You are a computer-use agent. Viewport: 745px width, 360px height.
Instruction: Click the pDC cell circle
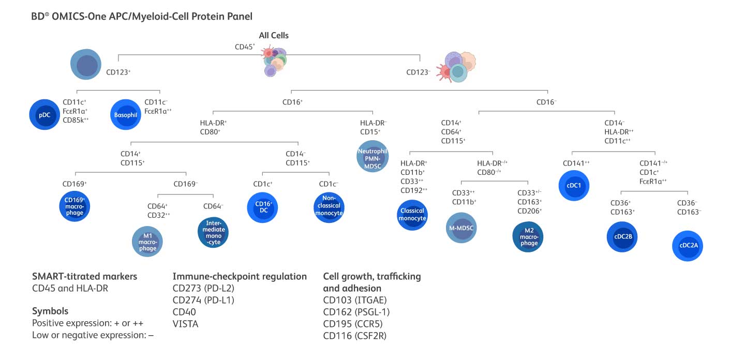click(x=44, y=115)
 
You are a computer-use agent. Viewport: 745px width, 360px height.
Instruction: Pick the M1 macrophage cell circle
click(x=147, y=242)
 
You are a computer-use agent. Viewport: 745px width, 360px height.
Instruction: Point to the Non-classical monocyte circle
click(x=330, y=207)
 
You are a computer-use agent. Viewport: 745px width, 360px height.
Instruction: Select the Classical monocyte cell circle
click(x=412, y=215)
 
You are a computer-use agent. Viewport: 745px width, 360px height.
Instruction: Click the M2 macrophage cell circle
click(x=529, y=236)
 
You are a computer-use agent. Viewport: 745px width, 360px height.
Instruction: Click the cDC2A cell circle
click(x=688, y=246)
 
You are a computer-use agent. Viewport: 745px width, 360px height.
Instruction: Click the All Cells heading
click(x=274, y=36)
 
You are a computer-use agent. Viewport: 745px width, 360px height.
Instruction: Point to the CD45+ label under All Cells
click(x=245, y=47)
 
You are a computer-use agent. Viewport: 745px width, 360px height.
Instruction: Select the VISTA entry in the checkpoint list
click(x=186, y=324)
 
